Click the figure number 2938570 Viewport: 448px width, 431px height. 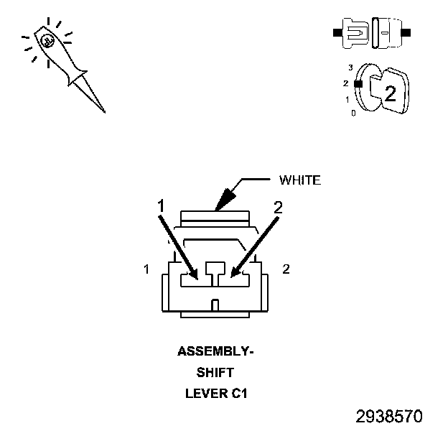coord(389,416)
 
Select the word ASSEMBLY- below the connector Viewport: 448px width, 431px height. coord(215,352)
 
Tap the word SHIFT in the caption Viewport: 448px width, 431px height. coord(215,372)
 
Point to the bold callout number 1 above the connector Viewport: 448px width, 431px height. coord(161,207)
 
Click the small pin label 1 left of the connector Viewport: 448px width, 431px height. coord(146,269)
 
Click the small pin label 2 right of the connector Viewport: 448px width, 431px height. coord(286,269)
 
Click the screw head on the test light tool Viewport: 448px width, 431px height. coord(45,42)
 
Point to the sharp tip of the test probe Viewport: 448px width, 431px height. coord(104,111)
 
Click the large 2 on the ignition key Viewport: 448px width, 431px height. coord(390,93)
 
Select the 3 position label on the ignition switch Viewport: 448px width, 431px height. coord(350,68)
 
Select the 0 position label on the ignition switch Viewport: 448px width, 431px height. coord(353,113)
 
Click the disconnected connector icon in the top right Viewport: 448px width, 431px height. coord(372,33)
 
